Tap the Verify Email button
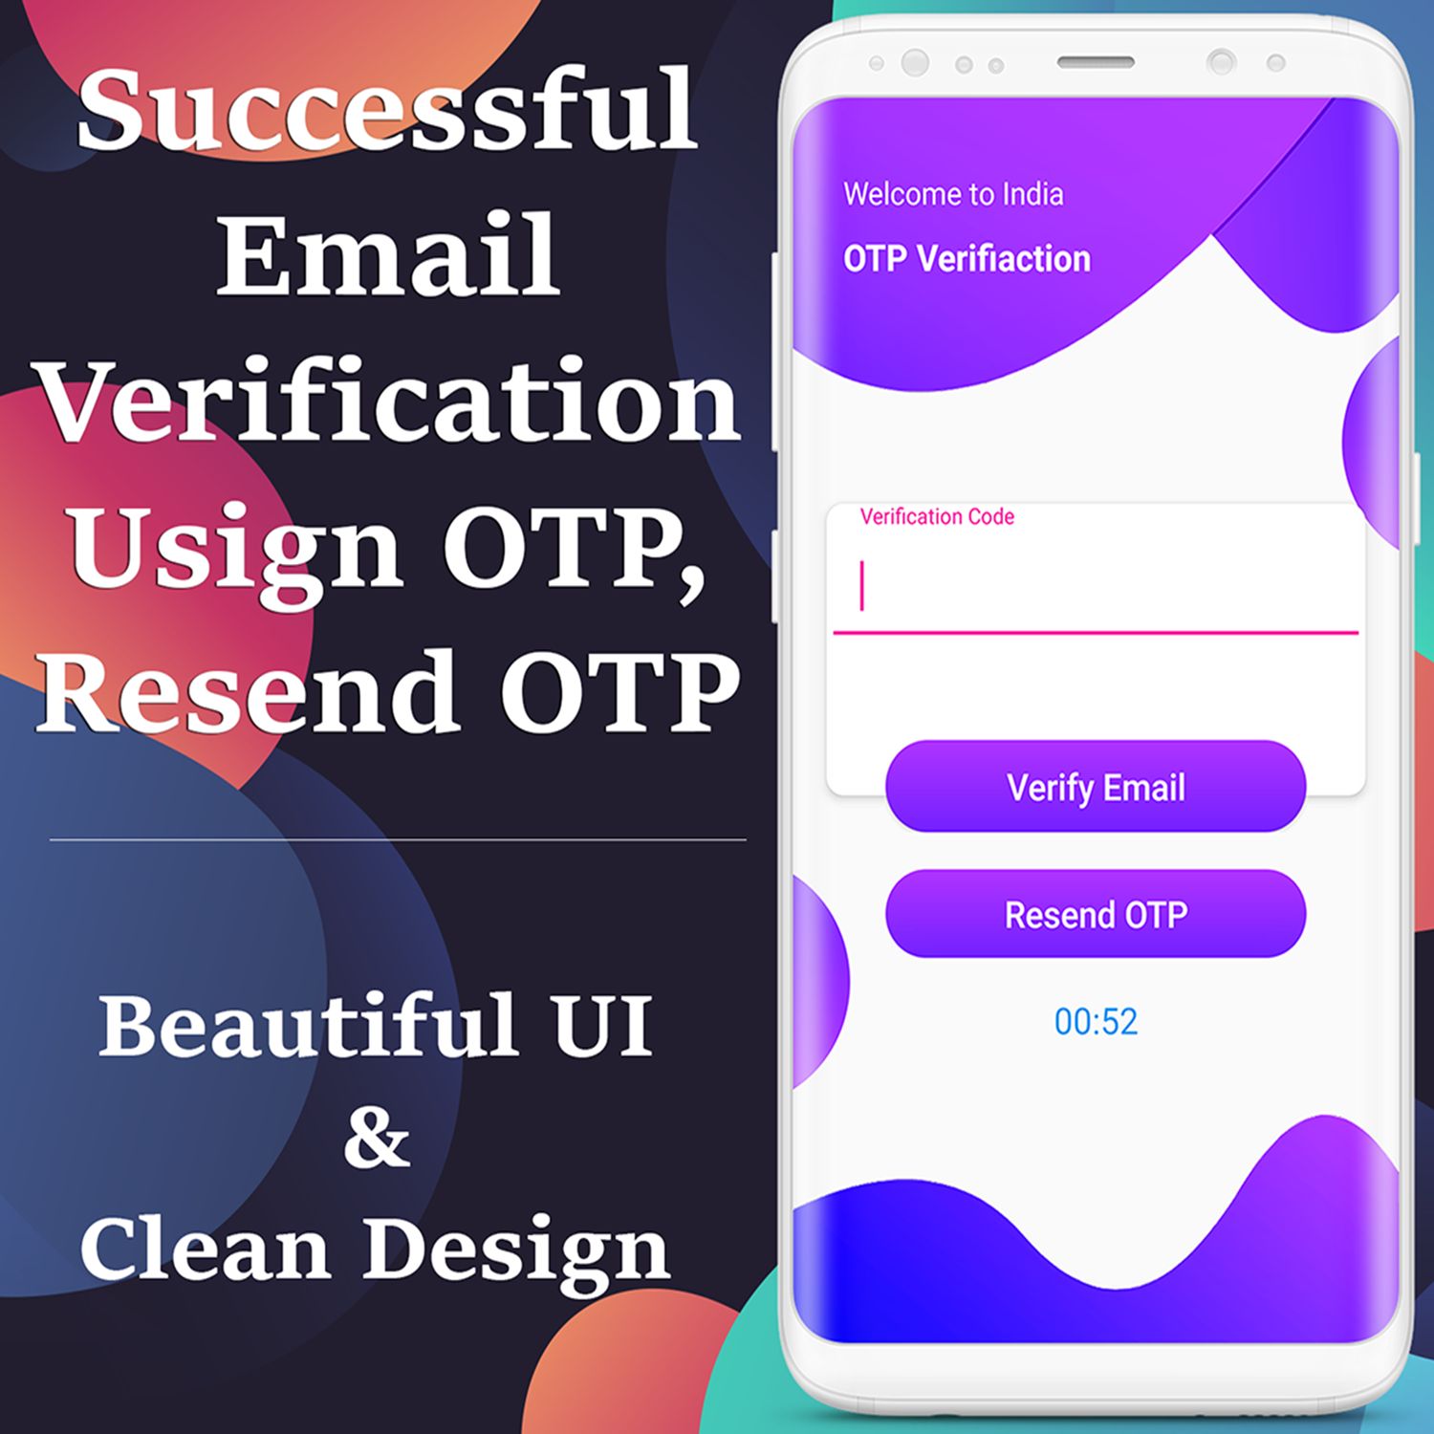tap(1096, 786)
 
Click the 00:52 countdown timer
tap(1096, 1022)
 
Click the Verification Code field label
tap(937, 517)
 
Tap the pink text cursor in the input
tap(862, 585)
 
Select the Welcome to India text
tap(953, 195)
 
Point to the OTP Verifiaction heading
tap(967, 259)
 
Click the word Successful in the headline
tap(387, 109)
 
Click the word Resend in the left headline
tap(248, 690)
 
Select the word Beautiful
tap(309, 1024)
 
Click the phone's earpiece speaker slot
tap(1096, 62)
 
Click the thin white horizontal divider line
tap(398, 840)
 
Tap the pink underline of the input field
tap(1096, 632)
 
